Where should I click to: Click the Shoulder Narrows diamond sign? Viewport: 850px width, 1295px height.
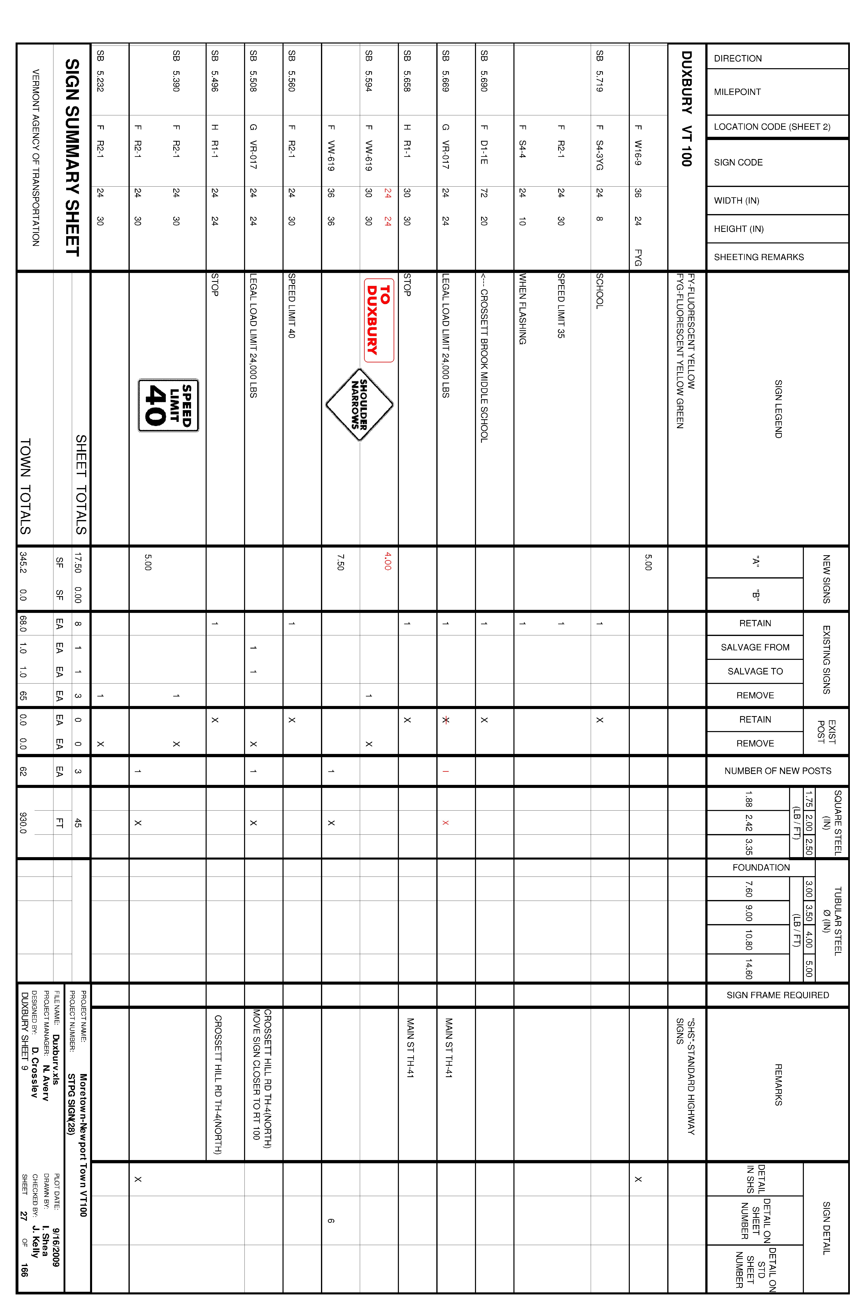click(359, 404)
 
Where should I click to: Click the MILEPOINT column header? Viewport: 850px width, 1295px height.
click(737, 92)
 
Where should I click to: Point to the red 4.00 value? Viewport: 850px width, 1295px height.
click(387, 561)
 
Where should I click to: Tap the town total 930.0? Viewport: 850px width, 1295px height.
click(23, 823)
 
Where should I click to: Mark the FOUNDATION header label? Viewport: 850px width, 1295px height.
click(761, 867)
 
